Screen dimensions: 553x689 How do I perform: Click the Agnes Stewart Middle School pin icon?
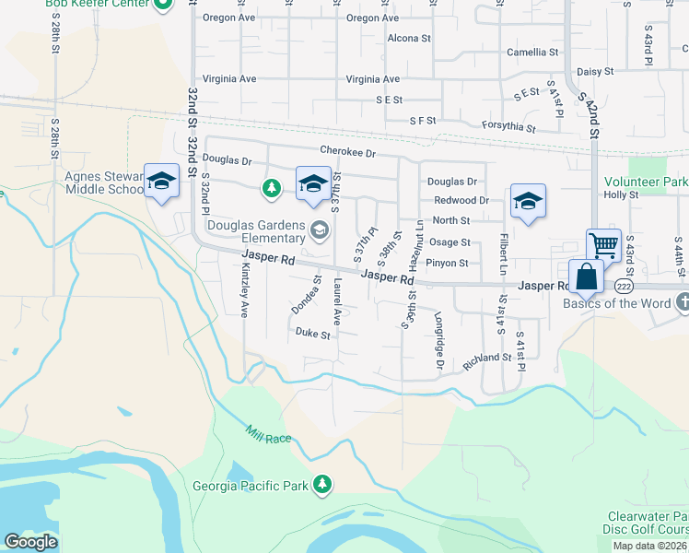point(161,181)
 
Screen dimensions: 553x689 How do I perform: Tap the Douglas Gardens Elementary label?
point(257,231)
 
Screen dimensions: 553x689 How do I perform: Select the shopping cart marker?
point(603,246)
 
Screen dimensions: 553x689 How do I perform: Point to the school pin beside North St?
point(528,202)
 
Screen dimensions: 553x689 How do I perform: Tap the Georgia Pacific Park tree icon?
point(321,484)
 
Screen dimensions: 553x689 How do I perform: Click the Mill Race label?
point(269,432)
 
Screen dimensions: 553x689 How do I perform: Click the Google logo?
point(30,542)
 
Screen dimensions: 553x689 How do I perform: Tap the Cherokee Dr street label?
point(348,151)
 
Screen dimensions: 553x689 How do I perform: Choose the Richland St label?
point(487,358)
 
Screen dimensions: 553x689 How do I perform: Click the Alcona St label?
point(409,39)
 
